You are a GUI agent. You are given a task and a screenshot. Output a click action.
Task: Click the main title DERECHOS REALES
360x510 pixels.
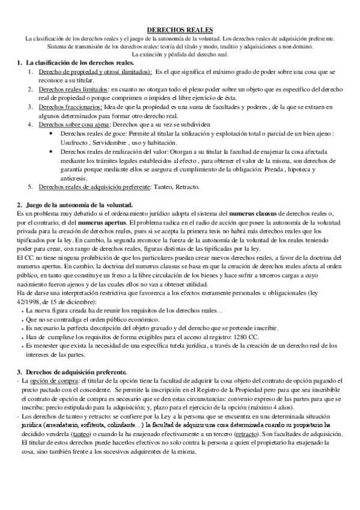(180, 30)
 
